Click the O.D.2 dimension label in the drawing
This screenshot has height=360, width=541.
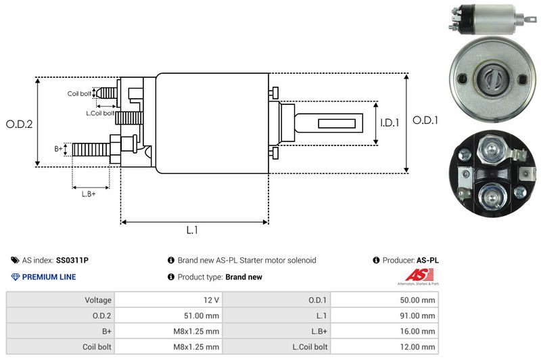click(x=19, y=124)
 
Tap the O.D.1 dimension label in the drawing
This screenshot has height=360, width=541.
click(x=426, y=120)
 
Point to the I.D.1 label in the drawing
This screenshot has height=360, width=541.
click(x=390, y=123)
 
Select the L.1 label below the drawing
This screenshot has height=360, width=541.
click(x=192, y=230)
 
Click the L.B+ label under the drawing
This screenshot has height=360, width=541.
click(x=89, y=194)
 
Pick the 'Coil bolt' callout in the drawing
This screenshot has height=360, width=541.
click(x=79, y=93)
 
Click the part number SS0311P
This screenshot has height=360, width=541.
click(x=72, y=260)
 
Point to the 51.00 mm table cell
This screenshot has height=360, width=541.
click(x=201, y=315)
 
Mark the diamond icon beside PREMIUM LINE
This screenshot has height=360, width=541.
click(x=16, y=277)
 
